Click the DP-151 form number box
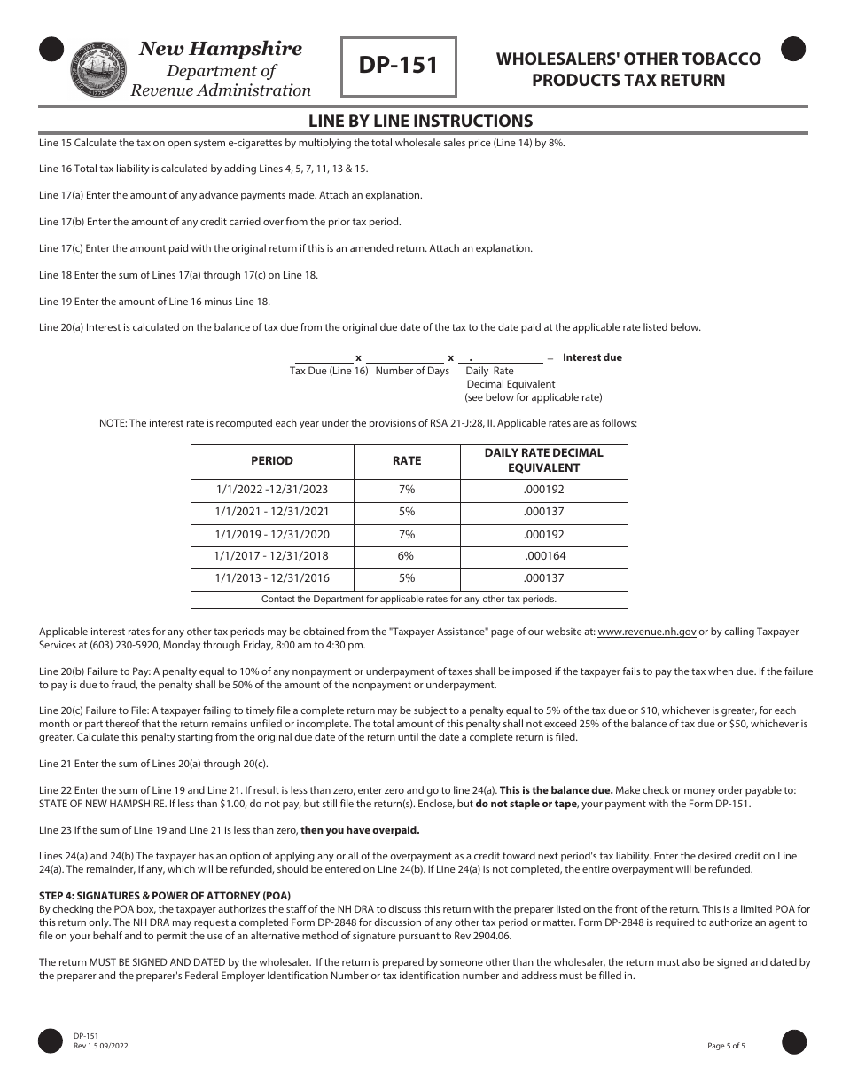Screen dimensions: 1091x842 click(x=399, y=67)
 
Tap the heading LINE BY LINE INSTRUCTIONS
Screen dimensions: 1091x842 click(x=420, y=121)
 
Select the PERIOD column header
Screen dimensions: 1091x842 click(x=272, y=460)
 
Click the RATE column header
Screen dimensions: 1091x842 click(x=407, y=460)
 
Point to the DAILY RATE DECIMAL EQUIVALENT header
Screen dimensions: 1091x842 click(x=543, y=460)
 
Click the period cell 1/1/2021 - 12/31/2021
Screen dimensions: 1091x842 click(x=272, y=512)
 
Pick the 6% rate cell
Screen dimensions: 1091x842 click(x=406, y=556)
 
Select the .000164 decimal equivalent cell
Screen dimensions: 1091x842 click(x=544, y=556)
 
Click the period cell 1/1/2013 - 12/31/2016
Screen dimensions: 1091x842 click(x=272, y=578)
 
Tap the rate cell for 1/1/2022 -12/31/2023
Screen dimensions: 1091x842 click(x=406, y=490)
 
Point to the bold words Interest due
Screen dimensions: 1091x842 click(x=592, y=357)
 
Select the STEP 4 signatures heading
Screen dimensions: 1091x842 click(x=165, y=894)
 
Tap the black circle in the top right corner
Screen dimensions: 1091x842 click(x=793, y=50)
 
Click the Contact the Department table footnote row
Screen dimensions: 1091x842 click(x=409, y=600)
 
